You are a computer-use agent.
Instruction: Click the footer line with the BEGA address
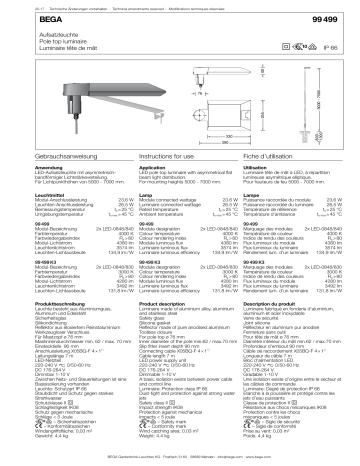(x=180, y=456)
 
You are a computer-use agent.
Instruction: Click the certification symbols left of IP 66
(x=300, y=45)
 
